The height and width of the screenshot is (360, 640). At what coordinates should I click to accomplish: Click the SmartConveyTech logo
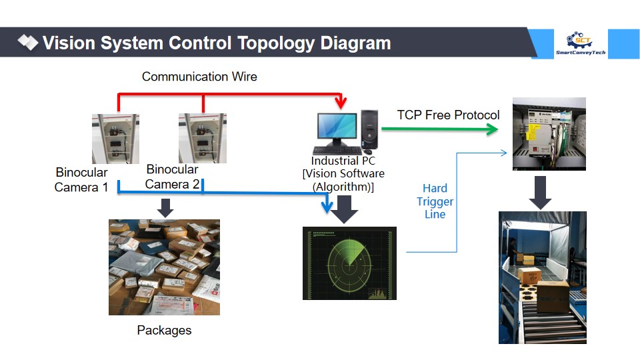tap(581, 43)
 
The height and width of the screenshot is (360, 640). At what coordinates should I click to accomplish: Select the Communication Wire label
tap(199, 76)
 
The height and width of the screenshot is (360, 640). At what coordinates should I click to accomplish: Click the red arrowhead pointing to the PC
tap(341, 103)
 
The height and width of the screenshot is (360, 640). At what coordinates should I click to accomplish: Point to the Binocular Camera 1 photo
tap(115, 139)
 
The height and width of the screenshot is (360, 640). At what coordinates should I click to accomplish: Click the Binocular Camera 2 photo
tap(203, 139)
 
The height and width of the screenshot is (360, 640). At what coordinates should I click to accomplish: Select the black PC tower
tap(369, 129)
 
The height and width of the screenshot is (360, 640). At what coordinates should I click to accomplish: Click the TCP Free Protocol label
tap(448, 115)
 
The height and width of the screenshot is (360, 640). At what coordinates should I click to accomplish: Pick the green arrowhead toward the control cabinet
tap(492, 130)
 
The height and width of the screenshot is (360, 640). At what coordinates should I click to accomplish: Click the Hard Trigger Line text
tap(435, 201)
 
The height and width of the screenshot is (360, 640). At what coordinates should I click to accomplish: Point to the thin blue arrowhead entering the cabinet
tap(504, 153)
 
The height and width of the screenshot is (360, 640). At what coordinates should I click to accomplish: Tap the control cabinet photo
tap(549, 134)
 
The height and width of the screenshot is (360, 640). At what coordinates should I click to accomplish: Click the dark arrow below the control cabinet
tap(540, 193)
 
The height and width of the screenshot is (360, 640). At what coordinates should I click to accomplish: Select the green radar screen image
tap(349, 263)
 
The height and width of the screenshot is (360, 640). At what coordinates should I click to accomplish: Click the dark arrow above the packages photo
tap(165, 208)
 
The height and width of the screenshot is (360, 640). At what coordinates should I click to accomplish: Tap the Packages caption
tap(164, 330)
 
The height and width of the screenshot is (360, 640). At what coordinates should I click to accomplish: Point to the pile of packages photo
tap(164, 267)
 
